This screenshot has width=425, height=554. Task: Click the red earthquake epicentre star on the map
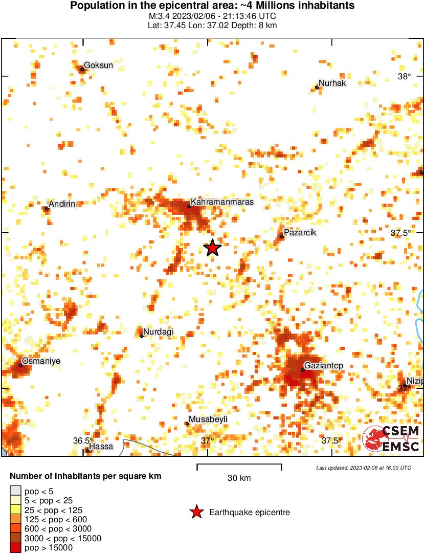coord(212,248)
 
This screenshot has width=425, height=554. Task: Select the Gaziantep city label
coord(324,366)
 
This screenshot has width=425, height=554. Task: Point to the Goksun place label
coord(98,65)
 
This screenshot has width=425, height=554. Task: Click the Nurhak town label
coord(332,83)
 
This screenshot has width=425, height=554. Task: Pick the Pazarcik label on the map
coord(300,233)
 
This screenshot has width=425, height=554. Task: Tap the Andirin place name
coord(62,204)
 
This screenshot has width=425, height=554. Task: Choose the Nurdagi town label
coord(158,332)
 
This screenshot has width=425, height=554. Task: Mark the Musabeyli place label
coord(208,419)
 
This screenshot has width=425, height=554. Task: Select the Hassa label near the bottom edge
coord(101,447)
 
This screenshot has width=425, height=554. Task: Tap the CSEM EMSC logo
coord(391,439)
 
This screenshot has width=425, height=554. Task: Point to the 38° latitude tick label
coord(405,77)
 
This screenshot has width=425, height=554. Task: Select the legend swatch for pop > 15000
coord(16,547)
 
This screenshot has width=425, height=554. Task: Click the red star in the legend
coord(196,512)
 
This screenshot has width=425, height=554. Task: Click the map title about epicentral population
coord(212,6)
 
